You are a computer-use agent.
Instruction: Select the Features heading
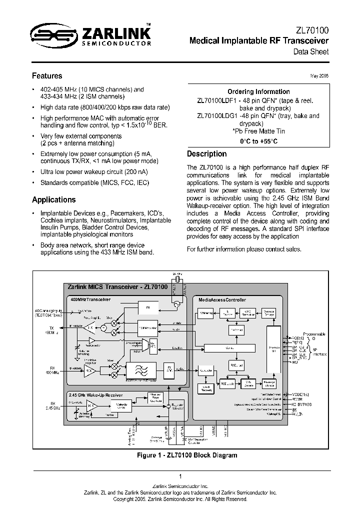pos(47,76)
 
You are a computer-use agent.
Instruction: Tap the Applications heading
pos(53,199)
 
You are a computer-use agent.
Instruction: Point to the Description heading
pos(206,154)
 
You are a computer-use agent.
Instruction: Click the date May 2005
pos(319,75)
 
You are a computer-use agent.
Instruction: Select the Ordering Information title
pos(258,91)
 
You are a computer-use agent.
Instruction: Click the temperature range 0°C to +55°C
pos(258,141)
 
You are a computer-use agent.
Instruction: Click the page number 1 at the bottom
pos(179,476)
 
